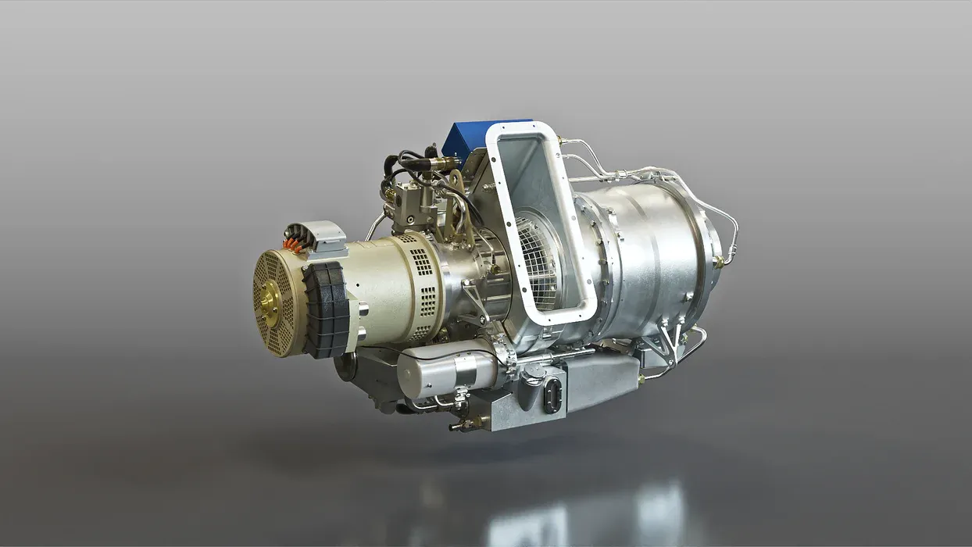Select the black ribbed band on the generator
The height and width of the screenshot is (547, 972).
[x=327, y=309]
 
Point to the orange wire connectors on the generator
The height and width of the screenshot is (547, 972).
[x=295, y=244]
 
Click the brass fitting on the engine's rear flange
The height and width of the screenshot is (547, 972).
[x=718, y=263]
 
